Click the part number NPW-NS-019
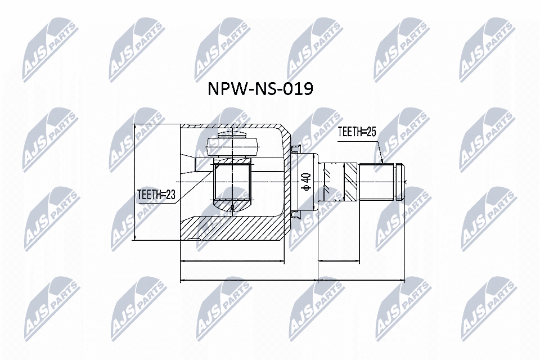pyautogui.click(x=260, y=89)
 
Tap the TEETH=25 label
pyautogui.click(x=356, y=132)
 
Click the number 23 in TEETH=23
pyautogui.click(x=170, y=195)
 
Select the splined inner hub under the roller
pyautogui.click(x=232, y=181)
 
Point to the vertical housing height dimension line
pyautogui.click(x=136, y=183)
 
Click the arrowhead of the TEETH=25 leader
pyautogui.click(x=382, y=161)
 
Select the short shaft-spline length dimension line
pyautogui.click(x=339, y=261)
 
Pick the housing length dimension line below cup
pyautogui.click(x=231, y=261)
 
